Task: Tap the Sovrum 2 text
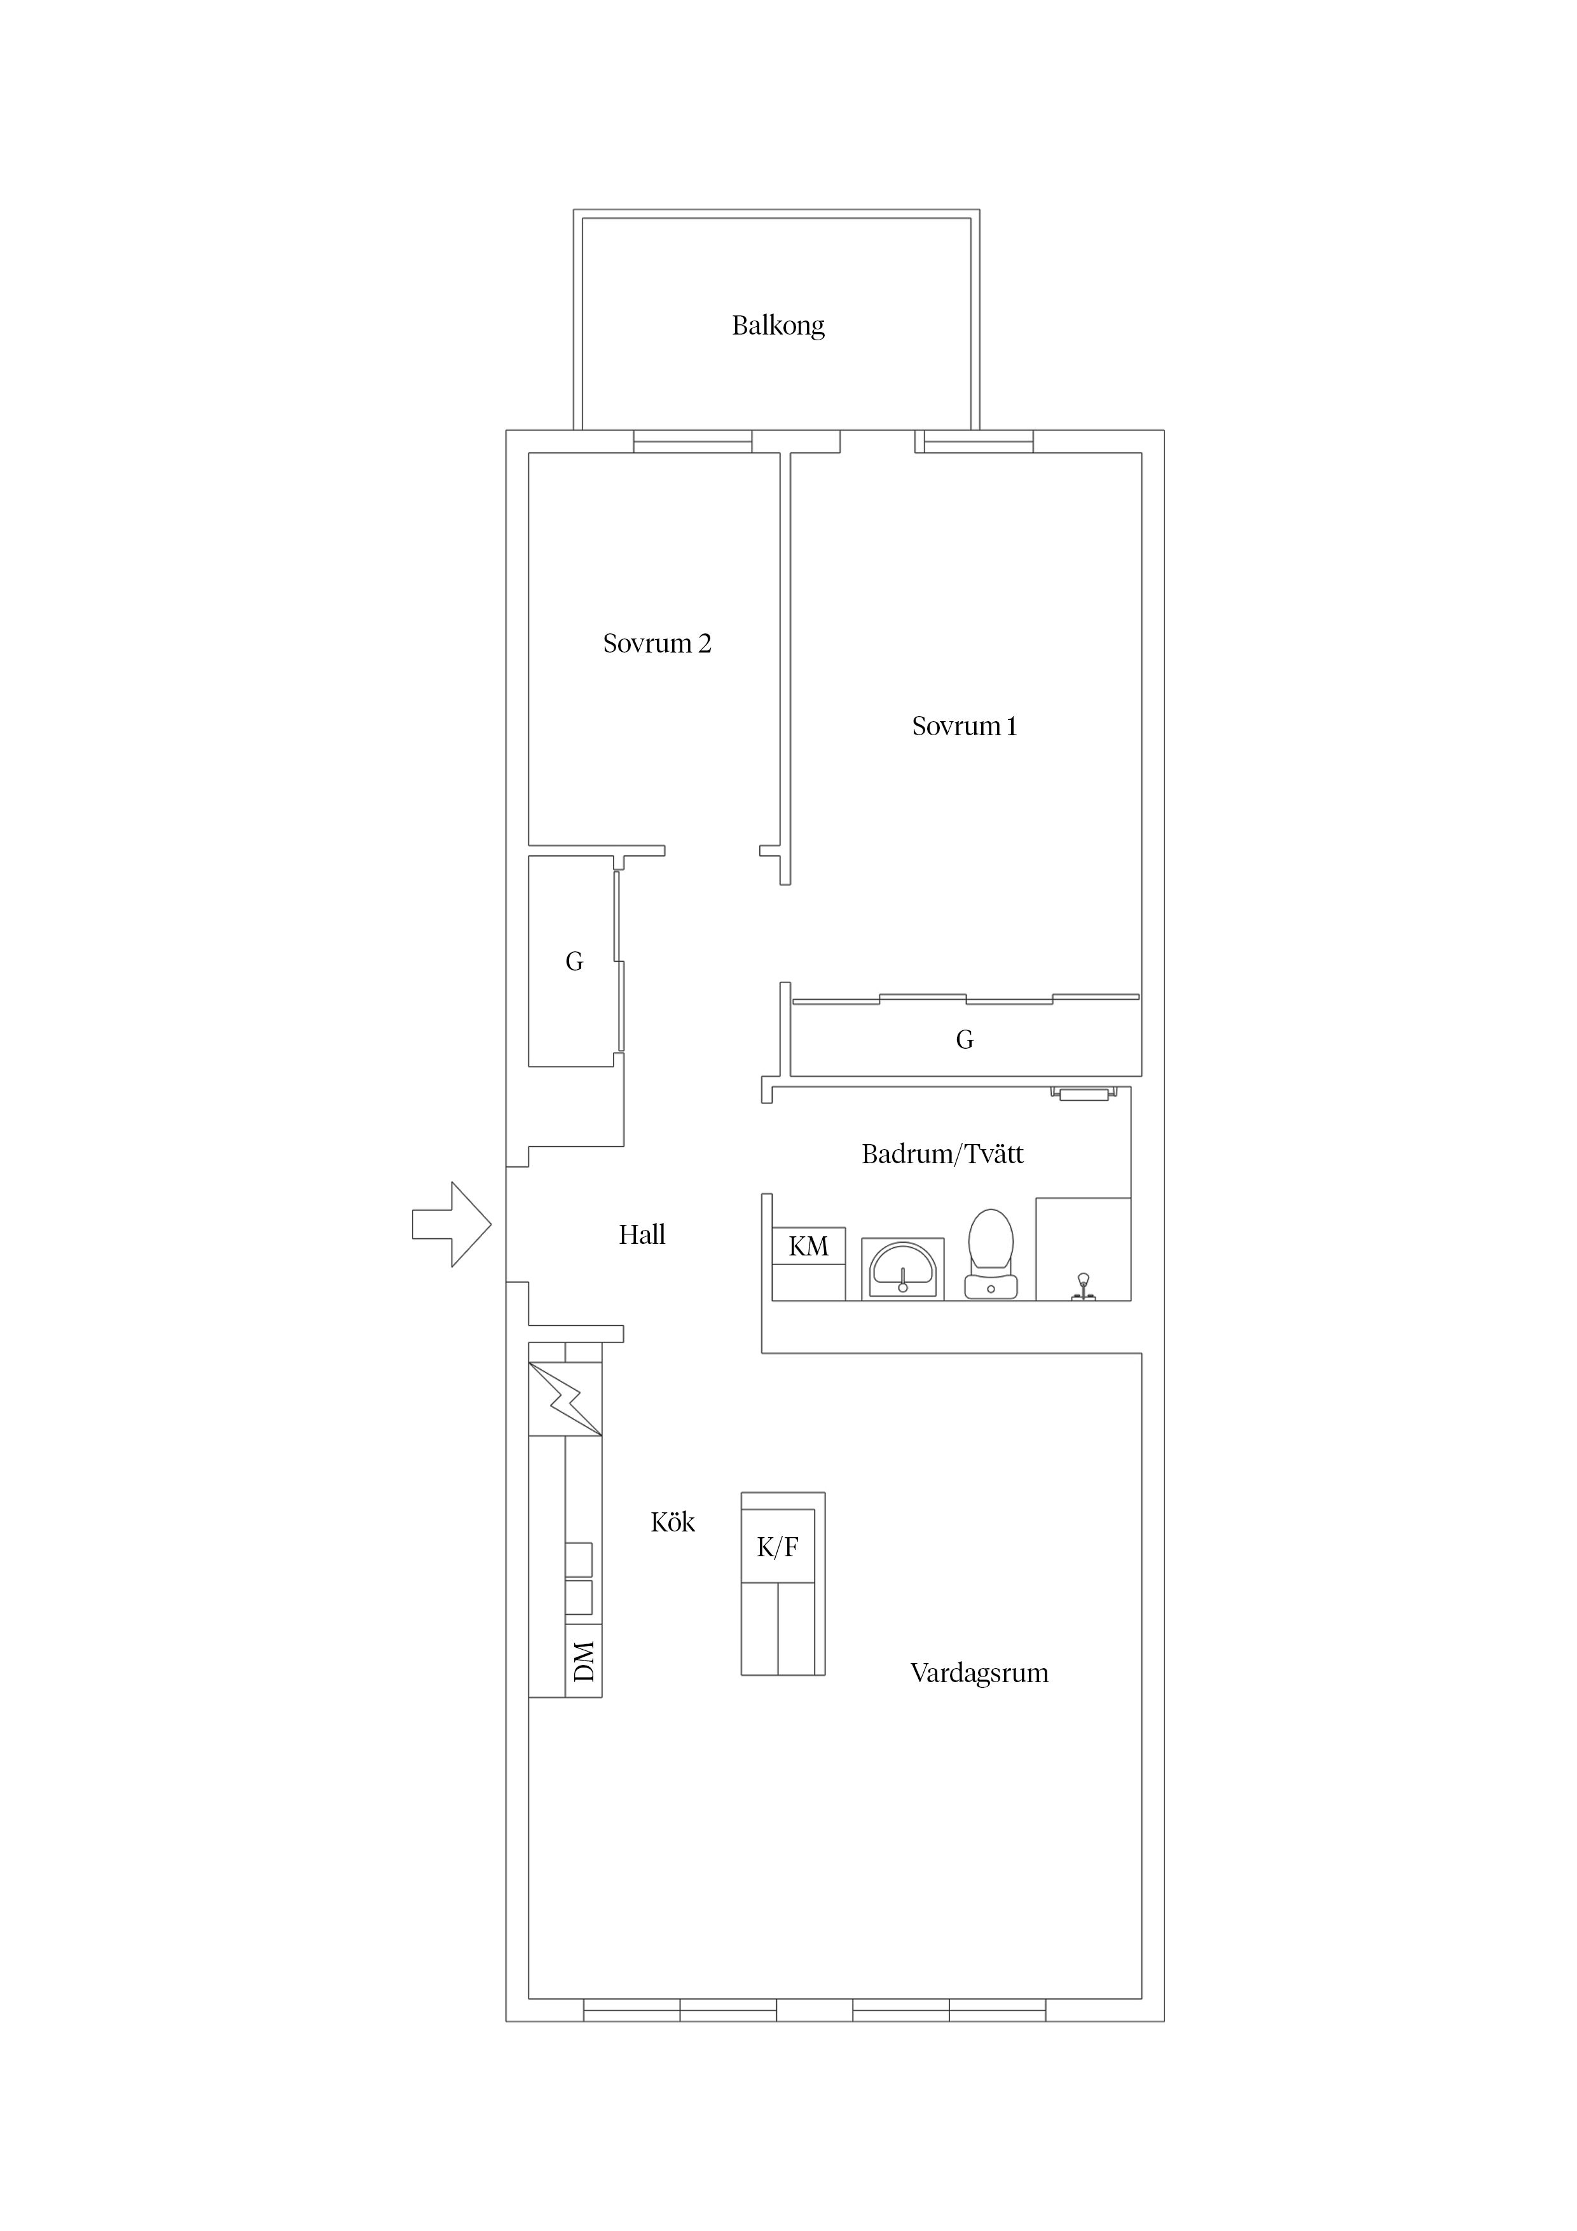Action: (657, 643)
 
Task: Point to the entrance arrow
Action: (452, 1224)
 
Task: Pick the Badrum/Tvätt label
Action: (942, 1154)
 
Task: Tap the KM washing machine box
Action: (808, 1246)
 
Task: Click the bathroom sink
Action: (903, 1268)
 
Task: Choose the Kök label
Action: (672, 1522)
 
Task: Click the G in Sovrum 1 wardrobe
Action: (965, 1040)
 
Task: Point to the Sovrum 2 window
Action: (692, 442)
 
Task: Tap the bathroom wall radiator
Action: (1084, 1094)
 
